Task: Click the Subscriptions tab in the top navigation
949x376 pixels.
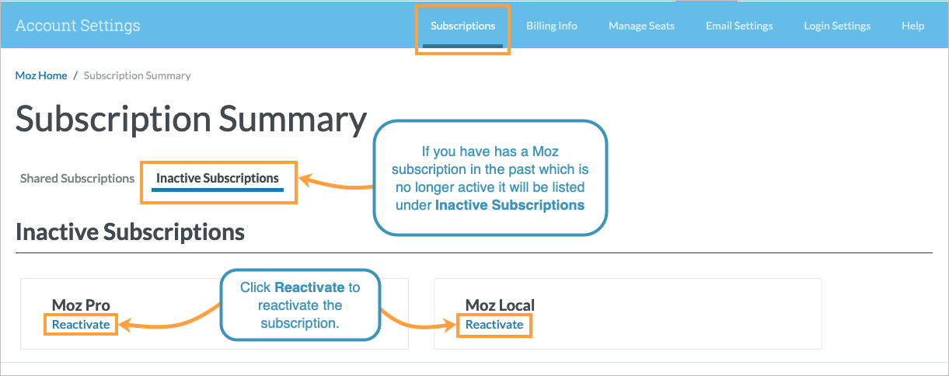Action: click(462, 26)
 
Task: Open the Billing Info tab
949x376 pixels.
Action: click(552, 26)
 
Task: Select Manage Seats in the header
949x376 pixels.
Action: click(641, 26)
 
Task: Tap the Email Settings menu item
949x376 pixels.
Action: click(739, 26)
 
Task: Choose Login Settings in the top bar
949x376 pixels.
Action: click(837, 26)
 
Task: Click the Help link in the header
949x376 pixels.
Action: click(912, 26)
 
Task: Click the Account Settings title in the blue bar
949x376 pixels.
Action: click(78, 26)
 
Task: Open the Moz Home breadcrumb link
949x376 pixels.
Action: click(41, 75)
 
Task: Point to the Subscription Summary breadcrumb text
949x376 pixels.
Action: click(138, 75)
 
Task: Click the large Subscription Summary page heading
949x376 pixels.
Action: click(190, 120)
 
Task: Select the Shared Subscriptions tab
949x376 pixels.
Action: click(77, 179)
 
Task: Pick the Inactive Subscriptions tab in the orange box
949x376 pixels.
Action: click(218, 179)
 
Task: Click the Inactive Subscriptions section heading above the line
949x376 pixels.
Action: click(130, 232)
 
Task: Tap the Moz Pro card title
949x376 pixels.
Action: click(81, 305)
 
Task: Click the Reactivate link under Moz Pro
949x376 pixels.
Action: click(81, 324)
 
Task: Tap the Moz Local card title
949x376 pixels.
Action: click(500, 305)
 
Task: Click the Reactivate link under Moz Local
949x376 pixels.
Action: click(494, 324)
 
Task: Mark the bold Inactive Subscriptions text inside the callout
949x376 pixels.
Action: click(510, 206)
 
